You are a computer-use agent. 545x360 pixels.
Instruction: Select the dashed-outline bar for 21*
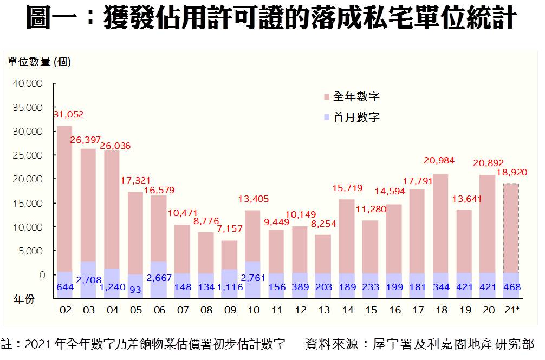pos(511,227)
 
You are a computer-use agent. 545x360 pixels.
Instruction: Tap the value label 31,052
pos(68,115)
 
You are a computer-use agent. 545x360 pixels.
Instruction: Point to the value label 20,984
pos(439,161)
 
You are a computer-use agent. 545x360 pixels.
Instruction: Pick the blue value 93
pos(135,289)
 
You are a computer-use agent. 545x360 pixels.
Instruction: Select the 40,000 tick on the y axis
pos(27,83)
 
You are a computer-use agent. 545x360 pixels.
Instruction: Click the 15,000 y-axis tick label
pos(27,203)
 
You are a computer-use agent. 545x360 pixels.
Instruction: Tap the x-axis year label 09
pos(229,310)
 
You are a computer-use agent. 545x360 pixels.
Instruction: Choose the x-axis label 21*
pos(512,310)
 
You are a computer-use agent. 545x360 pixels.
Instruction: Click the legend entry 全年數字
pos(355,97)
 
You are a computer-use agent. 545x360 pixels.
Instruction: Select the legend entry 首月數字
pos(355,117)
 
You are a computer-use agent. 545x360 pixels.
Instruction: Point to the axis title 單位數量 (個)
pos(39,62)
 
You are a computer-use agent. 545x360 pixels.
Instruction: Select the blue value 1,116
pos(229,287)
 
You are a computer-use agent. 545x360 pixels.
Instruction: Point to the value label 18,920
pos(511,173)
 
